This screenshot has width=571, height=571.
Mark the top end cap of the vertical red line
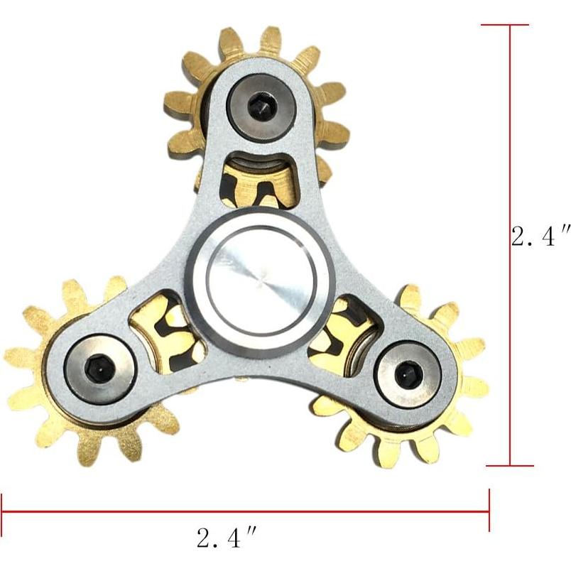coord(506,26)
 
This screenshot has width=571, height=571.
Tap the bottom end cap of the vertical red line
coord(509,466)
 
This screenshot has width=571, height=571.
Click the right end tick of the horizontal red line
coord(489,511)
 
